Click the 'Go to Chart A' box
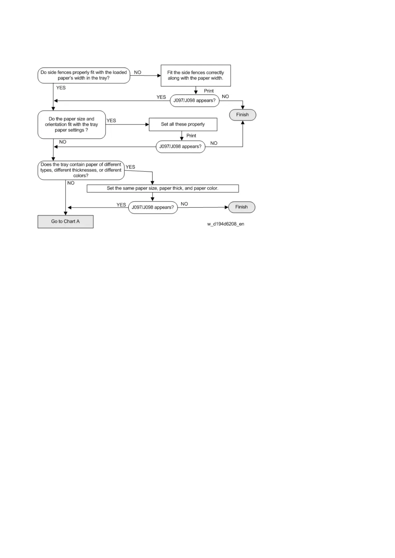[x=65, y=221]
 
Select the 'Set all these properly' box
[x=183, y=124]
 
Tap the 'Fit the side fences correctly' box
[x=196, y=76]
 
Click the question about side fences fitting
[x=84, y=75]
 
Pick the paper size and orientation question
[x=72, y=125]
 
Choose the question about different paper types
[x=81, y=170]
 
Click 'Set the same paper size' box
[x=163, y=188]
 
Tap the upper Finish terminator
[x=242, y=115]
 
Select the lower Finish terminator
[x=241, y=207]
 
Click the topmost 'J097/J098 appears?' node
[x=195, y=100]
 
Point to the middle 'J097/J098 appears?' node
[x=180, y=146]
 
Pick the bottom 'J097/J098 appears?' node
[x=153, y=207]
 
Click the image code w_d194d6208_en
[x=226, y=224]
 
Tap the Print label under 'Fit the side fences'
[x=209, y=91]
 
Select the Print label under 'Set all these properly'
[x=191, y=136]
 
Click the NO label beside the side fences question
[x=138, y=72]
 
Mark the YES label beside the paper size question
[x=111, y=121]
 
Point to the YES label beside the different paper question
[x=130, y=167]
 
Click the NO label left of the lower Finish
[x=184, y=204]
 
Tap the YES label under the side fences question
[x=61, y=88]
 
